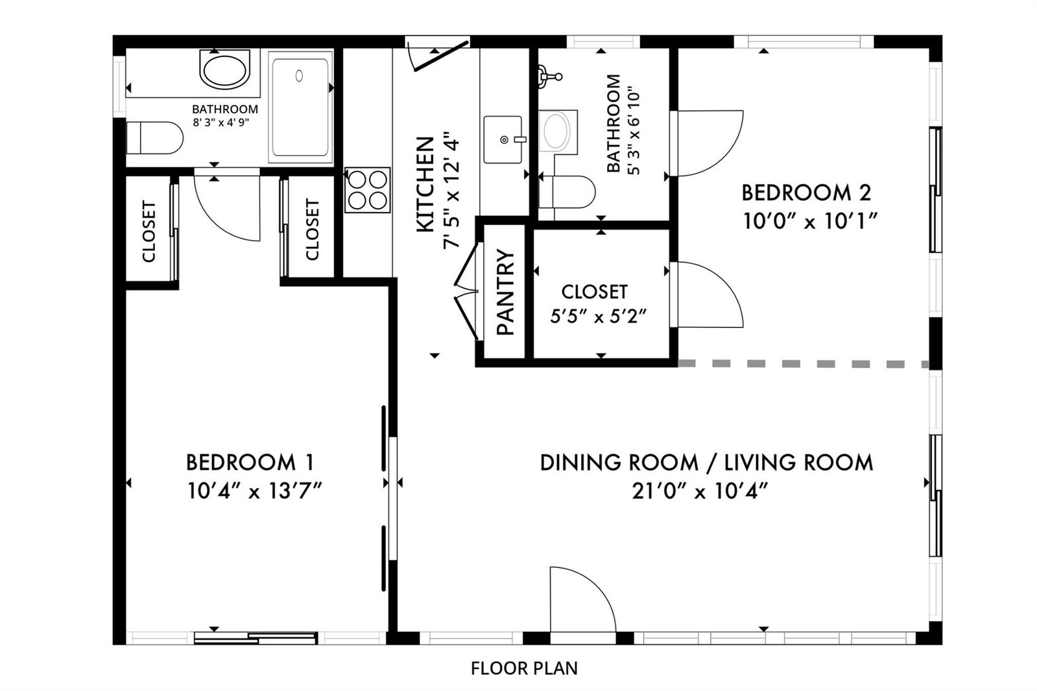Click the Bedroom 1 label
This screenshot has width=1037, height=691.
pyautogui.click(x=250, y=462)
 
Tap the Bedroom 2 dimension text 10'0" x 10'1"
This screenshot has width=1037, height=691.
pyautogui.click(x=810, y=221)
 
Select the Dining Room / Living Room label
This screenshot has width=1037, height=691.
pyautogui.click(x=706, y=463)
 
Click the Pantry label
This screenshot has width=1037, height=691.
pyautogui.click(x=506, y=292)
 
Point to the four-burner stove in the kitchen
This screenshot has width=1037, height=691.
pyautogui.click(x=368, y=190)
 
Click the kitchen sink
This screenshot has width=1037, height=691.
pyautogui.click(x=504, y=140)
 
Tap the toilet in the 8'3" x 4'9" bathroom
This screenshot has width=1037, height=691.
pyautogui.click(x=154, y=138)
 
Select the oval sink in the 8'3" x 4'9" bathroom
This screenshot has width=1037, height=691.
pyautogui.click(x=225, y=71)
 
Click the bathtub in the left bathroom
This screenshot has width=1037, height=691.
pyautogui.click(x=300, y=107)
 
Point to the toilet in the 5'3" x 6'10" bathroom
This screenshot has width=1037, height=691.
pyautogui.click(x=567, y=192)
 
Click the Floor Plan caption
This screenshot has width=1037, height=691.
pyautogui.click(x=524, y=668)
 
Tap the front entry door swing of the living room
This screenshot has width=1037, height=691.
pyautogui.click(x=583, y=599)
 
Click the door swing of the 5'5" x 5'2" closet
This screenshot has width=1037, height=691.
pyautogui.click(x=710, y=295)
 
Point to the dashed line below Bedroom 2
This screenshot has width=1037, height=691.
pyautogui.click(x=804, y=364)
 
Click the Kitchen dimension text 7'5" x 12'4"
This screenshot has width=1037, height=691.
pyautogui.click(x=452, y=190)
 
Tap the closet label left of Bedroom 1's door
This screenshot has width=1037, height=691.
pyautogui.click(x=149, y=231)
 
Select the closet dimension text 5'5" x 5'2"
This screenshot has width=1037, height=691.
pyautogui.click(x=599, y=317)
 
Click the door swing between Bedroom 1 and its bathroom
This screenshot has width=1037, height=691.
pyautogui.click(x=227, y=208)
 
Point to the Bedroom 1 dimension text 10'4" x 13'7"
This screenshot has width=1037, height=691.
pyautogui.click(x=254, y=491)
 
